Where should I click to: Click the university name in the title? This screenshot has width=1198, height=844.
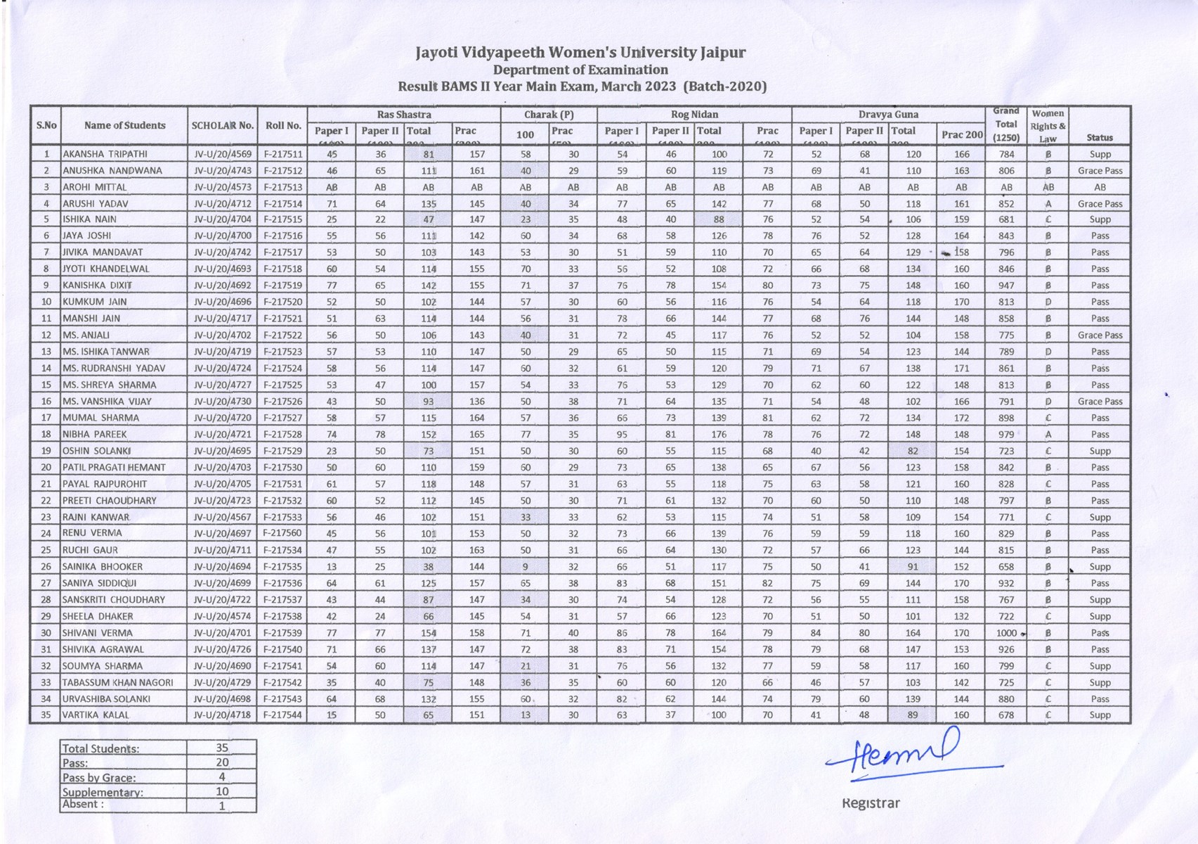coord(580,53)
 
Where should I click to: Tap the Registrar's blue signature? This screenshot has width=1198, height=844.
coord(906,758)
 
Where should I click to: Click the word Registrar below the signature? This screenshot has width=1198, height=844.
coord(870,803)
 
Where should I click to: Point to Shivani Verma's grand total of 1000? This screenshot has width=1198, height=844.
coord(1006,633)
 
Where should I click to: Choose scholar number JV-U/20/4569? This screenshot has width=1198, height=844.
coord(222,154)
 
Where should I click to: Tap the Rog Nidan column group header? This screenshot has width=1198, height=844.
coord(694,115)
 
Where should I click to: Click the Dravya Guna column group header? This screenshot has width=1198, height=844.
coord(888,115)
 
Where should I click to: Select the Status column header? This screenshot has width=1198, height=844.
coord(1099,138)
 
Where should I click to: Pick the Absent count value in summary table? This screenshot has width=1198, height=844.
coord(221,806)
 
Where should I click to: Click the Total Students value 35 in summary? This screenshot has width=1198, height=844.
coord(221,748)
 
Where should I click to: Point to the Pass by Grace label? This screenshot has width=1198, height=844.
coord(99,778)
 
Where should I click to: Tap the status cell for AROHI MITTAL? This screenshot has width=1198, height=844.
coord(1099,187)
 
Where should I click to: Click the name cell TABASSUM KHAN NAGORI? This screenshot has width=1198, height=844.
coord(117,682)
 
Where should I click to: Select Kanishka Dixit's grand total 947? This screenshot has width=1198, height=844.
coord(1006,286)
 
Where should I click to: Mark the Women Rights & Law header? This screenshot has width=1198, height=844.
coord(1048,126)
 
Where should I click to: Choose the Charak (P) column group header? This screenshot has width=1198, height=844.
coord(549,115)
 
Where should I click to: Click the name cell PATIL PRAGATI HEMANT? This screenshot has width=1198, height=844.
coord(114,468)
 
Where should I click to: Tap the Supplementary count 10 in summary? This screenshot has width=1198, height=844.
coord(221,791)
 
